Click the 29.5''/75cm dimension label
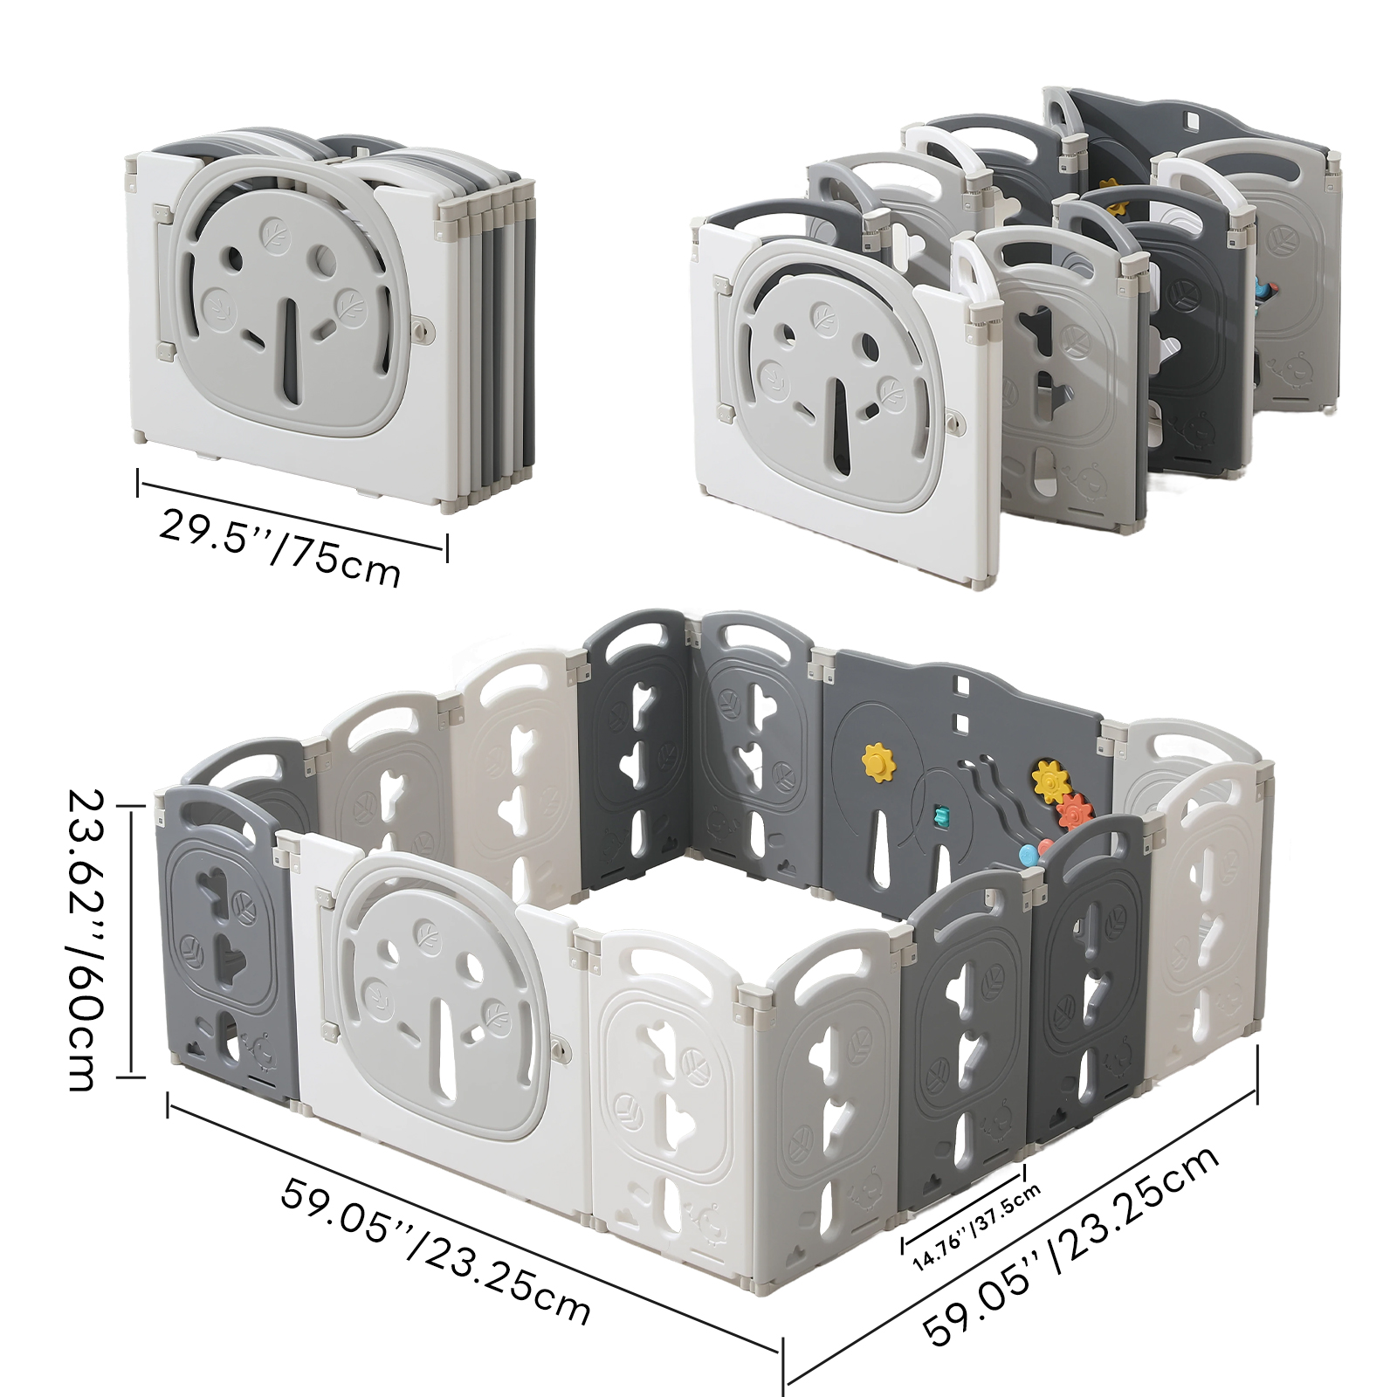[279, 548]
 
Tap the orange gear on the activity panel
[1073, 812]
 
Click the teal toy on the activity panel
[940, 816]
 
